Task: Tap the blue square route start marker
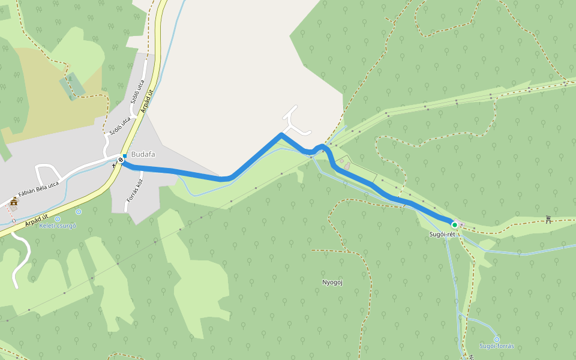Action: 124,156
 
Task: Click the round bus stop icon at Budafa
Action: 121,160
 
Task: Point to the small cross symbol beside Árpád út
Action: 114,165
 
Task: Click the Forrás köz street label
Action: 133,191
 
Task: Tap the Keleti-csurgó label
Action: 58,226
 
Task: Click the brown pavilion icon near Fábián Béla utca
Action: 14,202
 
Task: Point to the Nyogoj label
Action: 332,282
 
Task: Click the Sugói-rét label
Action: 442,234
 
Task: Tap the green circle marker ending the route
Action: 455,225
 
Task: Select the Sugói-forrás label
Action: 496,346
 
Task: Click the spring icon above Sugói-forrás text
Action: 497,339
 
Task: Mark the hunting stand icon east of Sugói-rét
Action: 548,219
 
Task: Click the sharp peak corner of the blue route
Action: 281,135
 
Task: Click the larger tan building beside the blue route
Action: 348,165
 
